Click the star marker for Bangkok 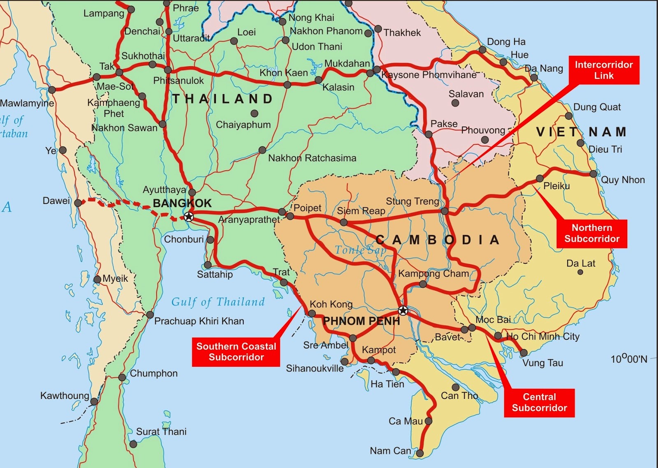189,216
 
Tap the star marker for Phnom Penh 403,310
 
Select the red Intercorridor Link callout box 604,70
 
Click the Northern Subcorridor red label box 591,234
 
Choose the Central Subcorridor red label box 539,403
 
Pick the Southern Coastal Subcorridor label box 236,352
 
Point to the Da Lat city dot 580,272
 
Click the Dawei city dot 78,203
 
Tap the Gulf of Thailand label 218,302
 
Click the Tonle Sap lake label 360,250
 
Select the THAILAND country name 222,99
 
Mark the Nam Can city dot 419,453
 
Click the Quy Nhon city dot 593,174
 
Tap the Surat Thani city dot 133,444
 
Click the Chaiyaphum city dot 255,113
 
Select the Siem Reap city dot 344,222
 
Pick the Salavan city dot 455,103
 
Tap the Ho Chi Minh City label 542,336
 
